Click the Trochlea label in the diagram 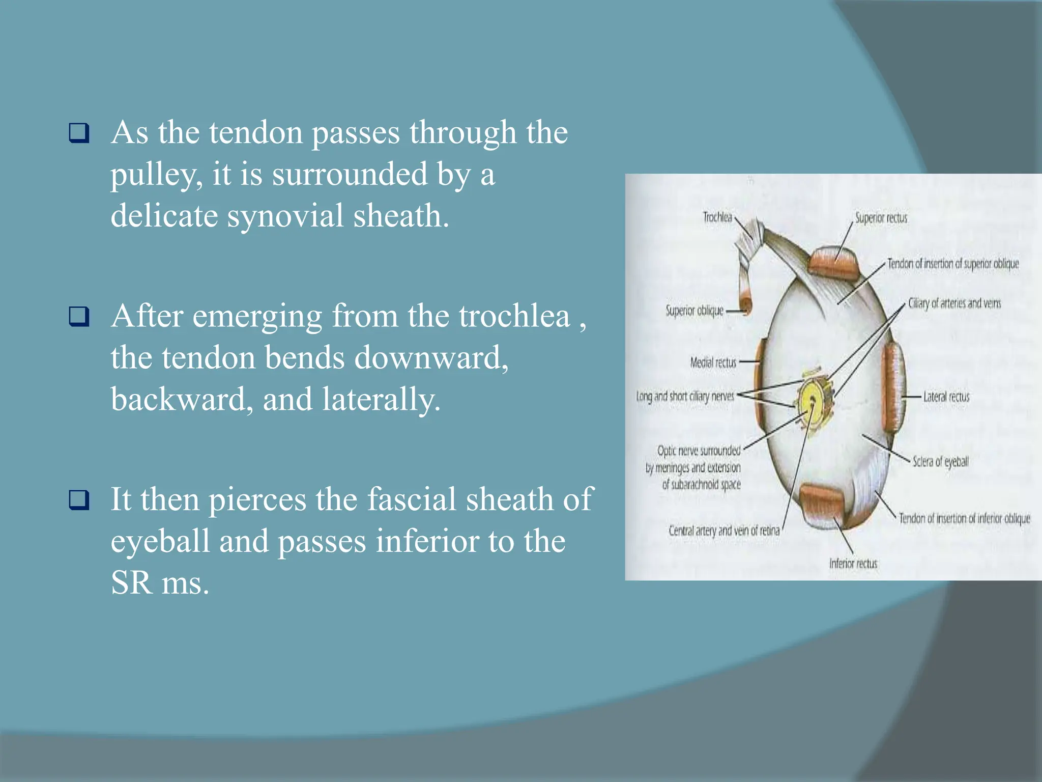(717, 217)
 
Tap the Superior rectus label (881, 218)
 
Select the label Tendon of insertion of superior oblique (953, 264)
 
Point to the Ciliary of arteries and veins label (954, 303)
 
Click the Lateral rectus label (946, 397)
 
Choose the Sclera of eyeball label (940, 462)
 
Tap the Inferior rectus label (853, 563)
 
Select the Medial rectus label (713, 362)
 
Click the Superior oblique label (694, 311)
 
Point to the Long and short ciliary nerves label (685, 396)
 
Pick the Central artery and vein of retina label (724, 530)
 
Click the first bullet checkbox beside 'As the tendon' (79, 133)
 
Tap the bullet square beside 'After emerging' (79, 316)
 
